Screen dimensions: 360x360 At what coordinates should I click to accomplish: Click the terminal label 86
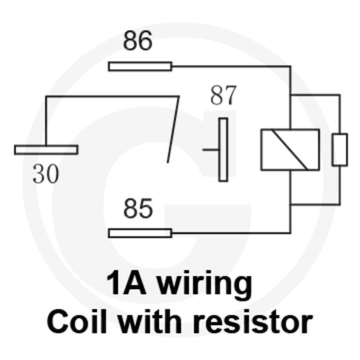(138, 40)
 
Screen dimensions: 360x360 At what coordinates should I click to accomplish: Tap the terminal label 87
(223, 95)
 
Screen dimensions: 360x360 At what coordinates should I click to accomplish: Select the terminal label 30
(46, 174)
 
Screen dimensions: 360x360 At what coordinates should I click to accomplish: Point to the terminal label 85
(138, 208)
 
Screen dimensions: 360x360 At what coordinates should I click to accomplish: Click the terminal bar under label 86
(140, 67)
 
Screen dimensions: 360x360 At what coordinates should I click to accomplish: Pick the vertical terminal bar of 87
(223, 150)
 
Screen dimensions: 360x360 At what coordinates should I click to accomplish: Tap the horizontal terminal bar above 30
(46, 150)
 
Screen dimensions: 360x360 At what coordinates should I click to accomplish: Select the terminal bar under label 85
(140, 233)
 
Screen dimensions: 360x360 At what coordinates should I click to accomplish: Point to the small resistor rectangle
(340, 150)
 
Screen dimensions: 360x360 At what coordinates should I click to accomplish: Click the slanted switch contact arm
(173, 130)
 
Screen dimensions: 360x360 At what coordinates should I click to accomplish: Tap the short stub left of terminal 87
(211, 150)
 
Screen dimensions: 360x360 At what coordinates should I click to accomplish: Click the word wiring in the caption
(205, 283)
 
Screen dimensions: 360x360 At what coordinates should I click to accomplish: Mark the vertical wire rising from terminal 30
(46, 121)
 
